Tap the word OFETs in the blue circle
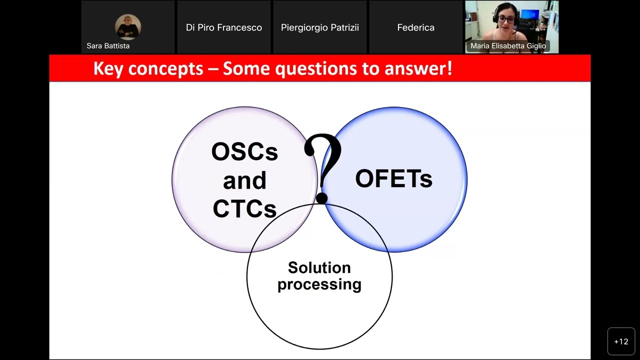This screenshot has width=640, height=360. coord(393,178)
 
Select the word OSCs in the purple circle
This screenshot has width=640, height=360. coord(244,151)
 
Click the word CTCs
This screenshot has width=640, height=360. coord(244,208)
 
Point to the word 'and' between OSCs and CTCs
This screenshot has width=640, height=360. coord(244,180)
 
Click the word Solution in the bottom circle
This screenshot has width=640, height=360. coord(319,267)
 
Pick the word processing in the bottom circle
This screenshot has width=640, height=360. coord(319,284)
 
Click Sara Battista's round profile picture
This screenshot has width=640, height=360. coord(127,27)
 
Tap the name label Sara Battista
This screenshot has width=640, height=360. coord(108,45)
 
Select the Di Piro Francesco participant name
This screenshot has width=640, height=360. coord(224,27)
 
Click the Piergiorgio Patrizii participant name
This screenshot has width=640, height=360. coord(319,27)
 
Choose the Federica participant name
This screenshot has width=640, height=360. coord(415,27)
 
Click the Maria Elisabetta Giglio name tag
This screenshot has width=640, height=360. coord(508,46)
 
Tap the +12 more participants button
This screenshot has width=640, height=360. coord(621,341)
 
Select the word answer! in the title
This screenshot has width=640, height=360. coord(418,69)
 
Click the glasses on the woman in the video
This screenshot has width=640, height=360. coord(506,19)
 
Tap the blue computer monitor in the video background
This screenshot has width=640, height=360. coord(530,14)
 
